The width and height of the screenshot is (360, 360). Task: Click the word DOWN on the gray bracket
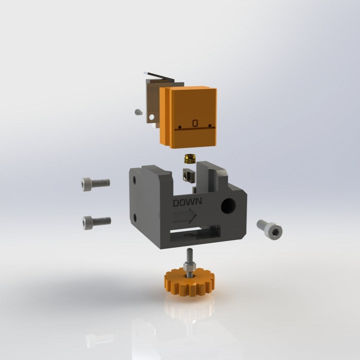(187, 202)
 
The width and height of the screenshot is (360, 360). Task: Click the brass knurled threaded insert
(190, 159)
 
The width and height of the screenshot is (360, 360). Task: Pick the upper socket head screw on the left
(95, 184)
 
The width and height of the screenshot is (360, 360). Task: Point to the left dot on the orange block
(180, 127)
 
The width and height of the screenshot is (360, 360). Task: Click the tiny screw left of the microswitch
(137, 112)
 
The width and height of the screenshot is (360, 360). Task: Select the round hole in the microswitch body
(152, 117)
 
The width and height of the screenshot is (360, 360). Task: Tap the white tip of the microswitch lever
(146, 72)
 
